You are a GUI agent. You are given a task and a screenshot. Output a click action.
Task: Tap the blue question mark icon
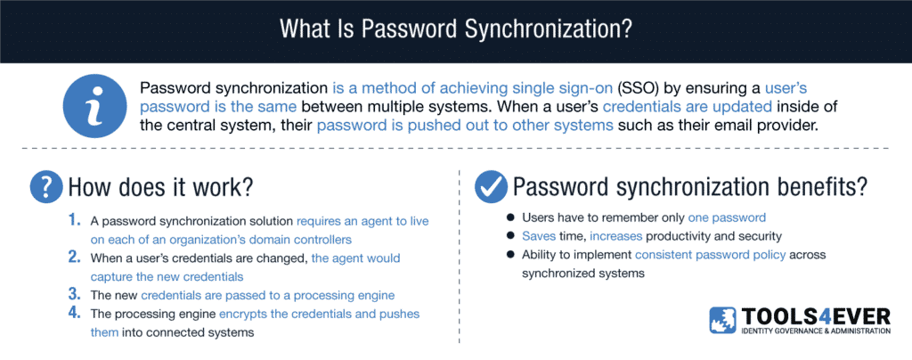(46, 187)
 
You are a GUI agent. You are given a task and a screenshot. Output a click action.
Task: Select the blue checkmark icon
(491, 187)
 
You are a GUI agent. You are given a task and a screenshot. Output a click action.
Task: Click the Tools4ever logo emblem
(723, 321)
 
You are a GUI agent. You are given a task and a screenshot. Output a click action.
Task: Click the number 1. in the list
(75, 221)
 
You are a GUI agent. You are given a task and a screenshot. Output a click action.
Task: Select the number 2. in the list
(75, 257)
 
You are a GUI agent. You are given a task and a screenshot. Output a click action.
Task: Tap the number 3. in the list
(75, 294)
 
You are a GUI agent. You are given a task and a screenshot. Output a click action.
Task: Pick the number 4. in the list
(75, 313)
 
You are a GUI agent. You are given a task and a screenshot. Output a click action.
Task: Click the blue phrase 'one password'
(727, 217)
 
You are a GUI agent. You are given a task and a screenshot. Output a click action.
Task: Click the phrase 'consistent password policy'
(711, 255)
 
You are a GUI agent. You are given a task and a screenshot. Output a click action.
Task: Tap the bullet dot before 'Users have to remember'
(510, 217)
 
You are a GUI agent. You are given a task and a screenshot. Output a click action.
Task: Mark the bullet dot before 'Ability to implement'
(510, 255)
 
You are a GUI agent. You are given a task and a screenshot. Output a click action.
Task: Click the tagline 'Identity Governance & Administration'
(816, 331)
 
